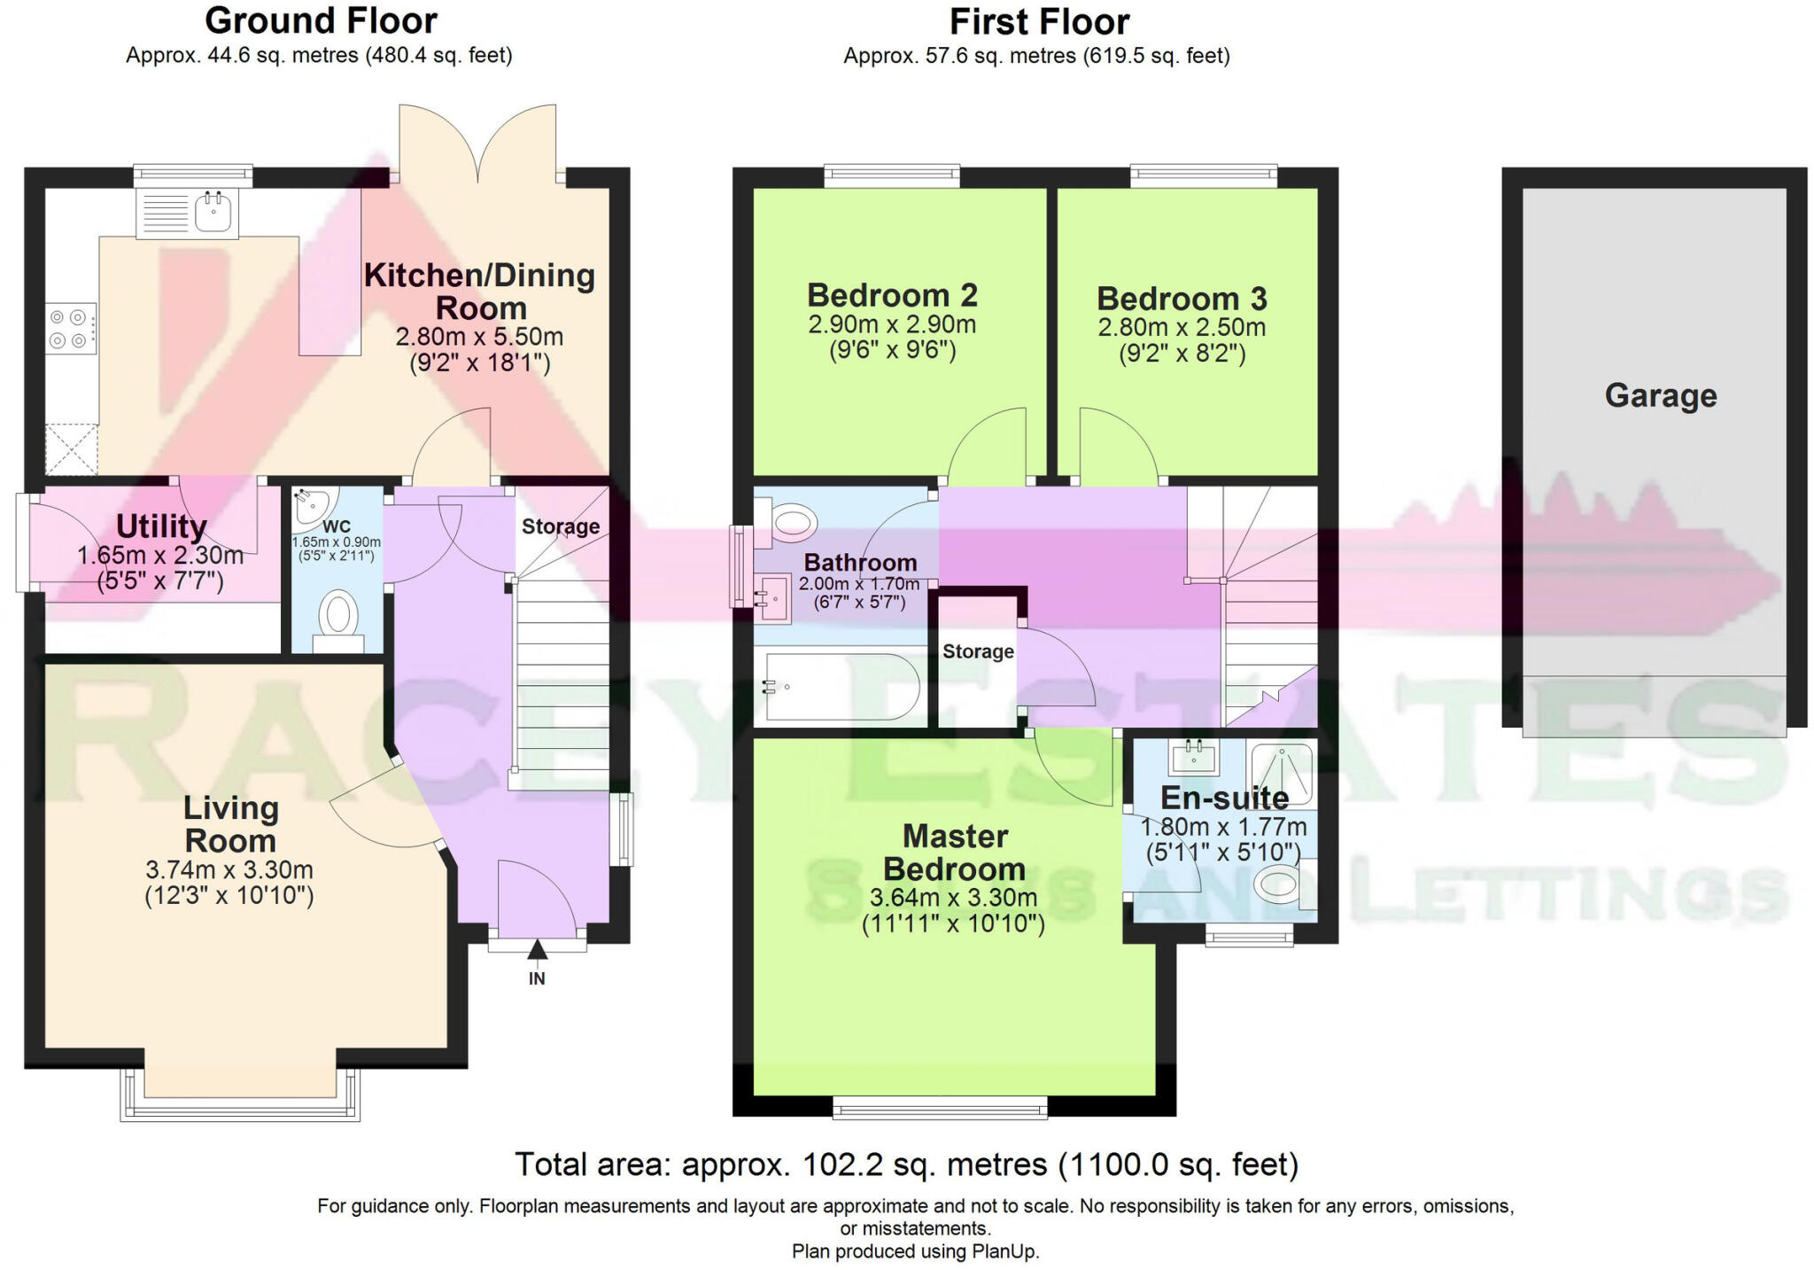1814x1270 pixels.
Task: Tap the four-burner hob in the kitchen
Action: click(x=69, y=328)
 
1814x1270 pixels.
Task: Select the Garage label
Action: click(x=1660, y=395)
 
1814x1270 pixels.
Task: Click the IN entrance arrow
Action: click(x=537, y=950)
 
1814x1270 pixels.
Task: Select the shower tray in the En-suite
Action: click(x=1281, y=773)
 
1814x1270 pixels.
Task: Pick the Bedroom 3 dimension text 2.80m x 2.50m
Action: click(x=1182, y=328)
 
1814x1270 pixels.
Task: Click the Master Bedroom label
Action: click(x=954, y=852)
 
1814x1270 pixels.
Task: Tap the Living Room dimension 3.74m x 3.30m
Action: click(x=229, y=870)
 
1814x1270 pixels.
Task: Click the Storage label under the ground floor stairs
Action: click(x=560, y=526)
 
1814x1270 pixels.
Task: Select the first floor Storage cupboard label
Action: click(x=978, y=651)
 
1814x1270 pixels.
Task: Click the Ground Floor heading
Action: click(x=321, y=20)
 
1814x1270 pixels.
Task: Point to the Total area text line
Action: click(x=906, y=1164)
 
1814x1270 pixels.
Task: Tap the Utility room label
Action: click(x=161, y=526)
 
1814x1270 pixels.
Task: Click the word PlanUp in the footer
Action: click(x=1004, y=1251)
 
